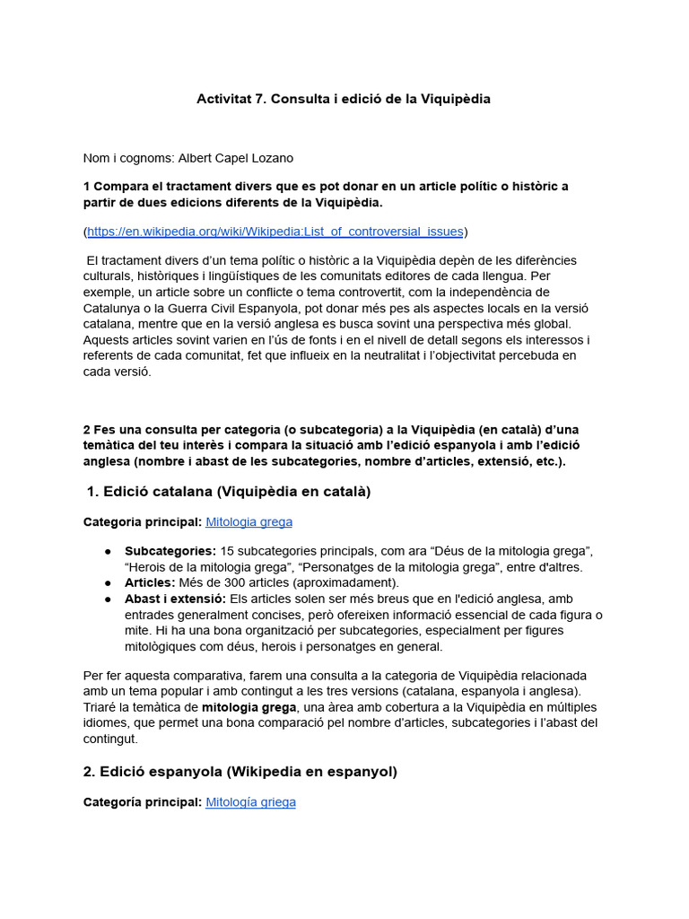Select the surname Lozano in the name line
tap(270, 158)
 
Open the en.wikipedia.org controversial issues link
tap(275, 232)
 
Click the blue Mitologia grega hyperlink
tap(249, 521)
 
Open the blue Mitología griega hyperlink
tap(250, 802)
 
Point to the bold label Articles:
tap(151, 582)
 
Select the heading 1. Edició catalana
tap(229, 492)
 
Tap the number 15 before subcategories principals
tap(227, 550)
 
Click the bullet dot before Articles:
tap(108, 582)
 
